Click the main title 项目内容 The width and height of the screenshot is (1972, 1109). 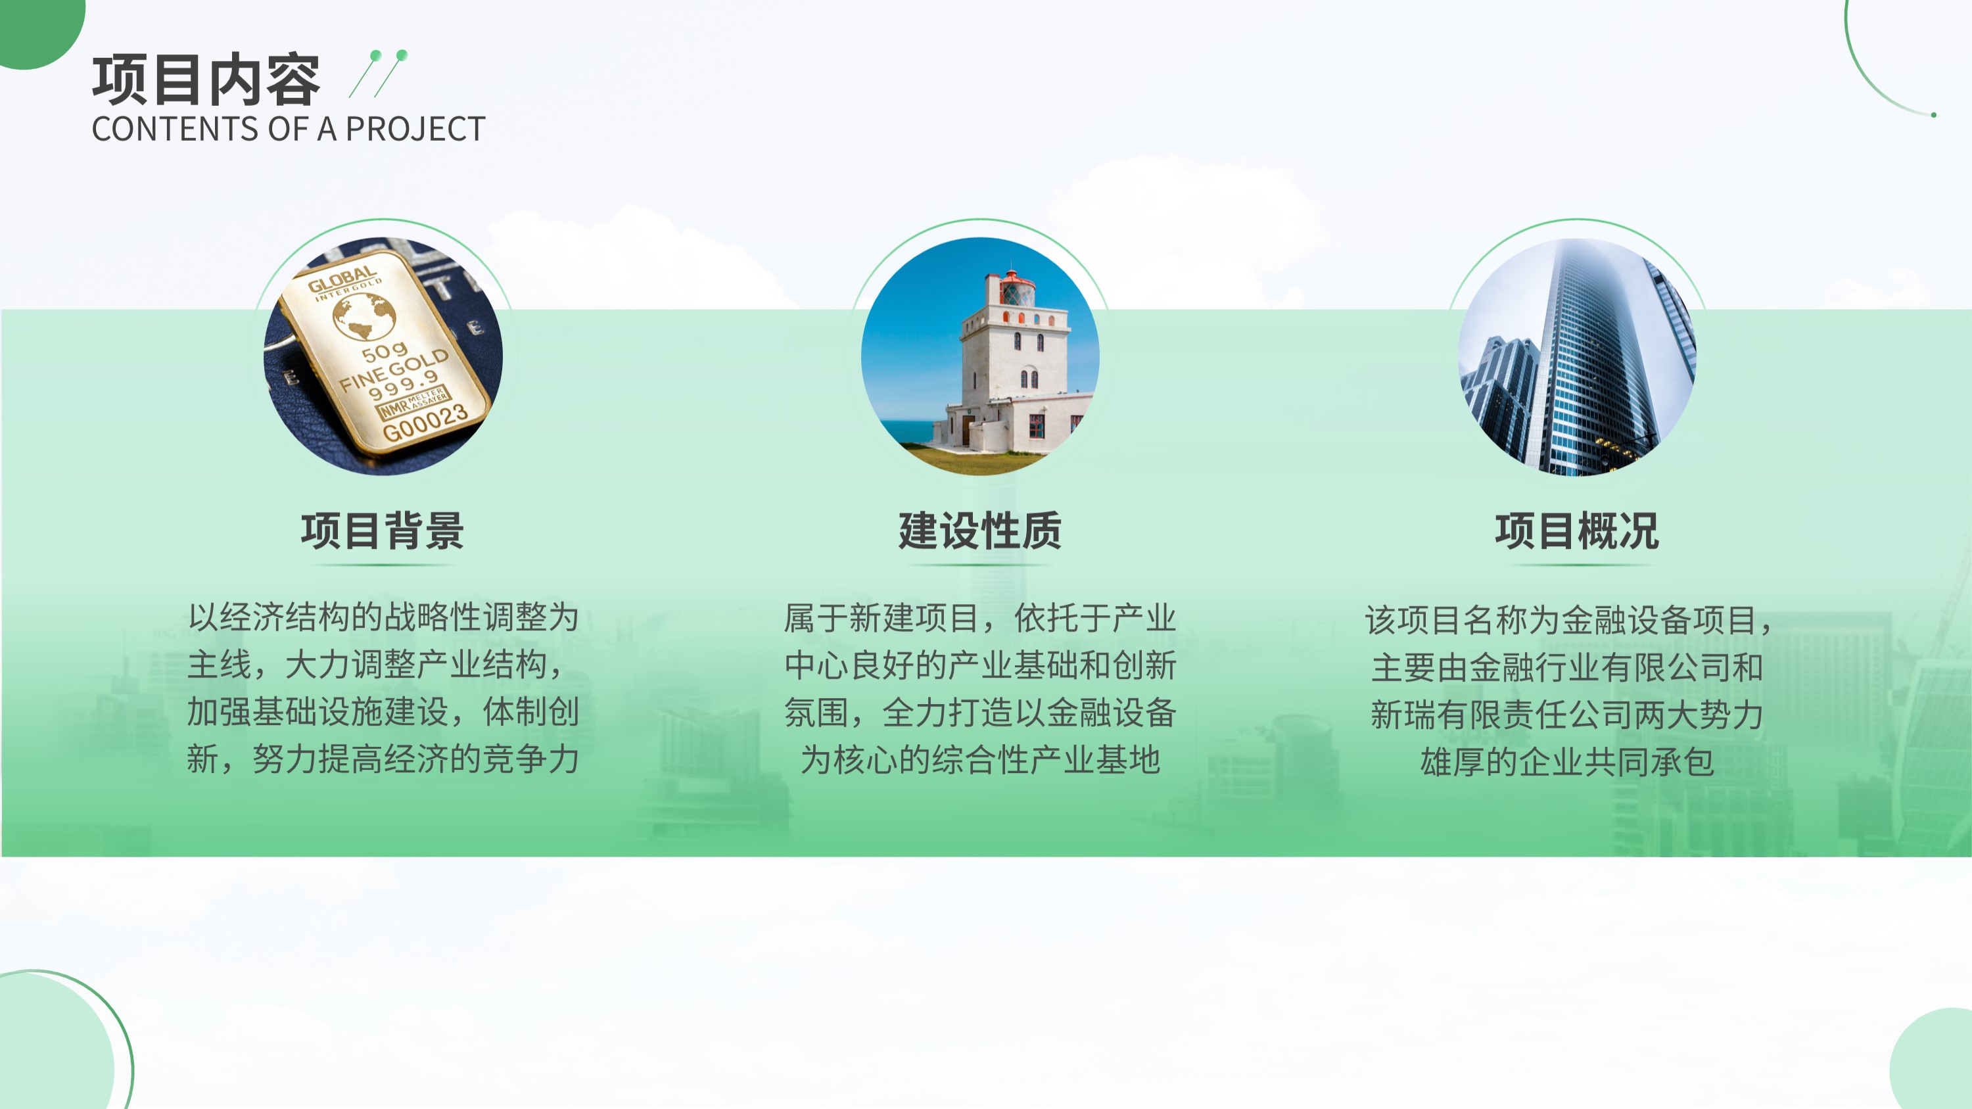coord(206,80)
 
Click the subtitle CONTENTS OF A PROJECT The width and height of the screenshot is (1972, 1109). coord(289,129)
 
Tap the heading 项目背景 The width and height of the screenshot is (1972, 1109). coord(383,531)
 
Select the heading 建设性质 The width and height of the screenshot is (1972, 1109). coord(980,531)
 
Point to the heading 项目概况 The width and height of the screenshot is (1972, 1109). coord(1577,531)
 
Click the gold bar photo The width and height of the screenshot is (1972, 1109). coord(383,357)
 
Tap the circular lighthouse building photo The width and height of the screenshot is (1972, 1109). coord(981,357)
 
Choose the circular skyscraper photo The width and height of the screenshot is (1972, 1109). coord(1577,357)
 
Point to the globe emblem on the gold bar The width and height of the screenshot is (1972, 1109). coord(364,317)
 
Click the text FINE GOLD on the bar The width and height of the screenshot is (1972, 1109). coord(394,369)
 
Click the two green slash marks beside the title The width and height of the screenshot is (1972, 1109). coord(378,74)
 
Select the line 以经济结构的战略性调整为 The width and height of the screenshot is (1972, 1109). coord(383,617)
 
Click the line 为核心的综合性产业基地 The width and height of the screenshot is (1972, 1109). coord(981,759)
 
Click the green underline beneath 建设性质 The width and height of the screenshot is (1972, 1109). coord(980,565)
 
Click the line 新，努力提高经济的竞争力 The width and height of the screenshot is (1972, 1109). coord(383,759)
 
